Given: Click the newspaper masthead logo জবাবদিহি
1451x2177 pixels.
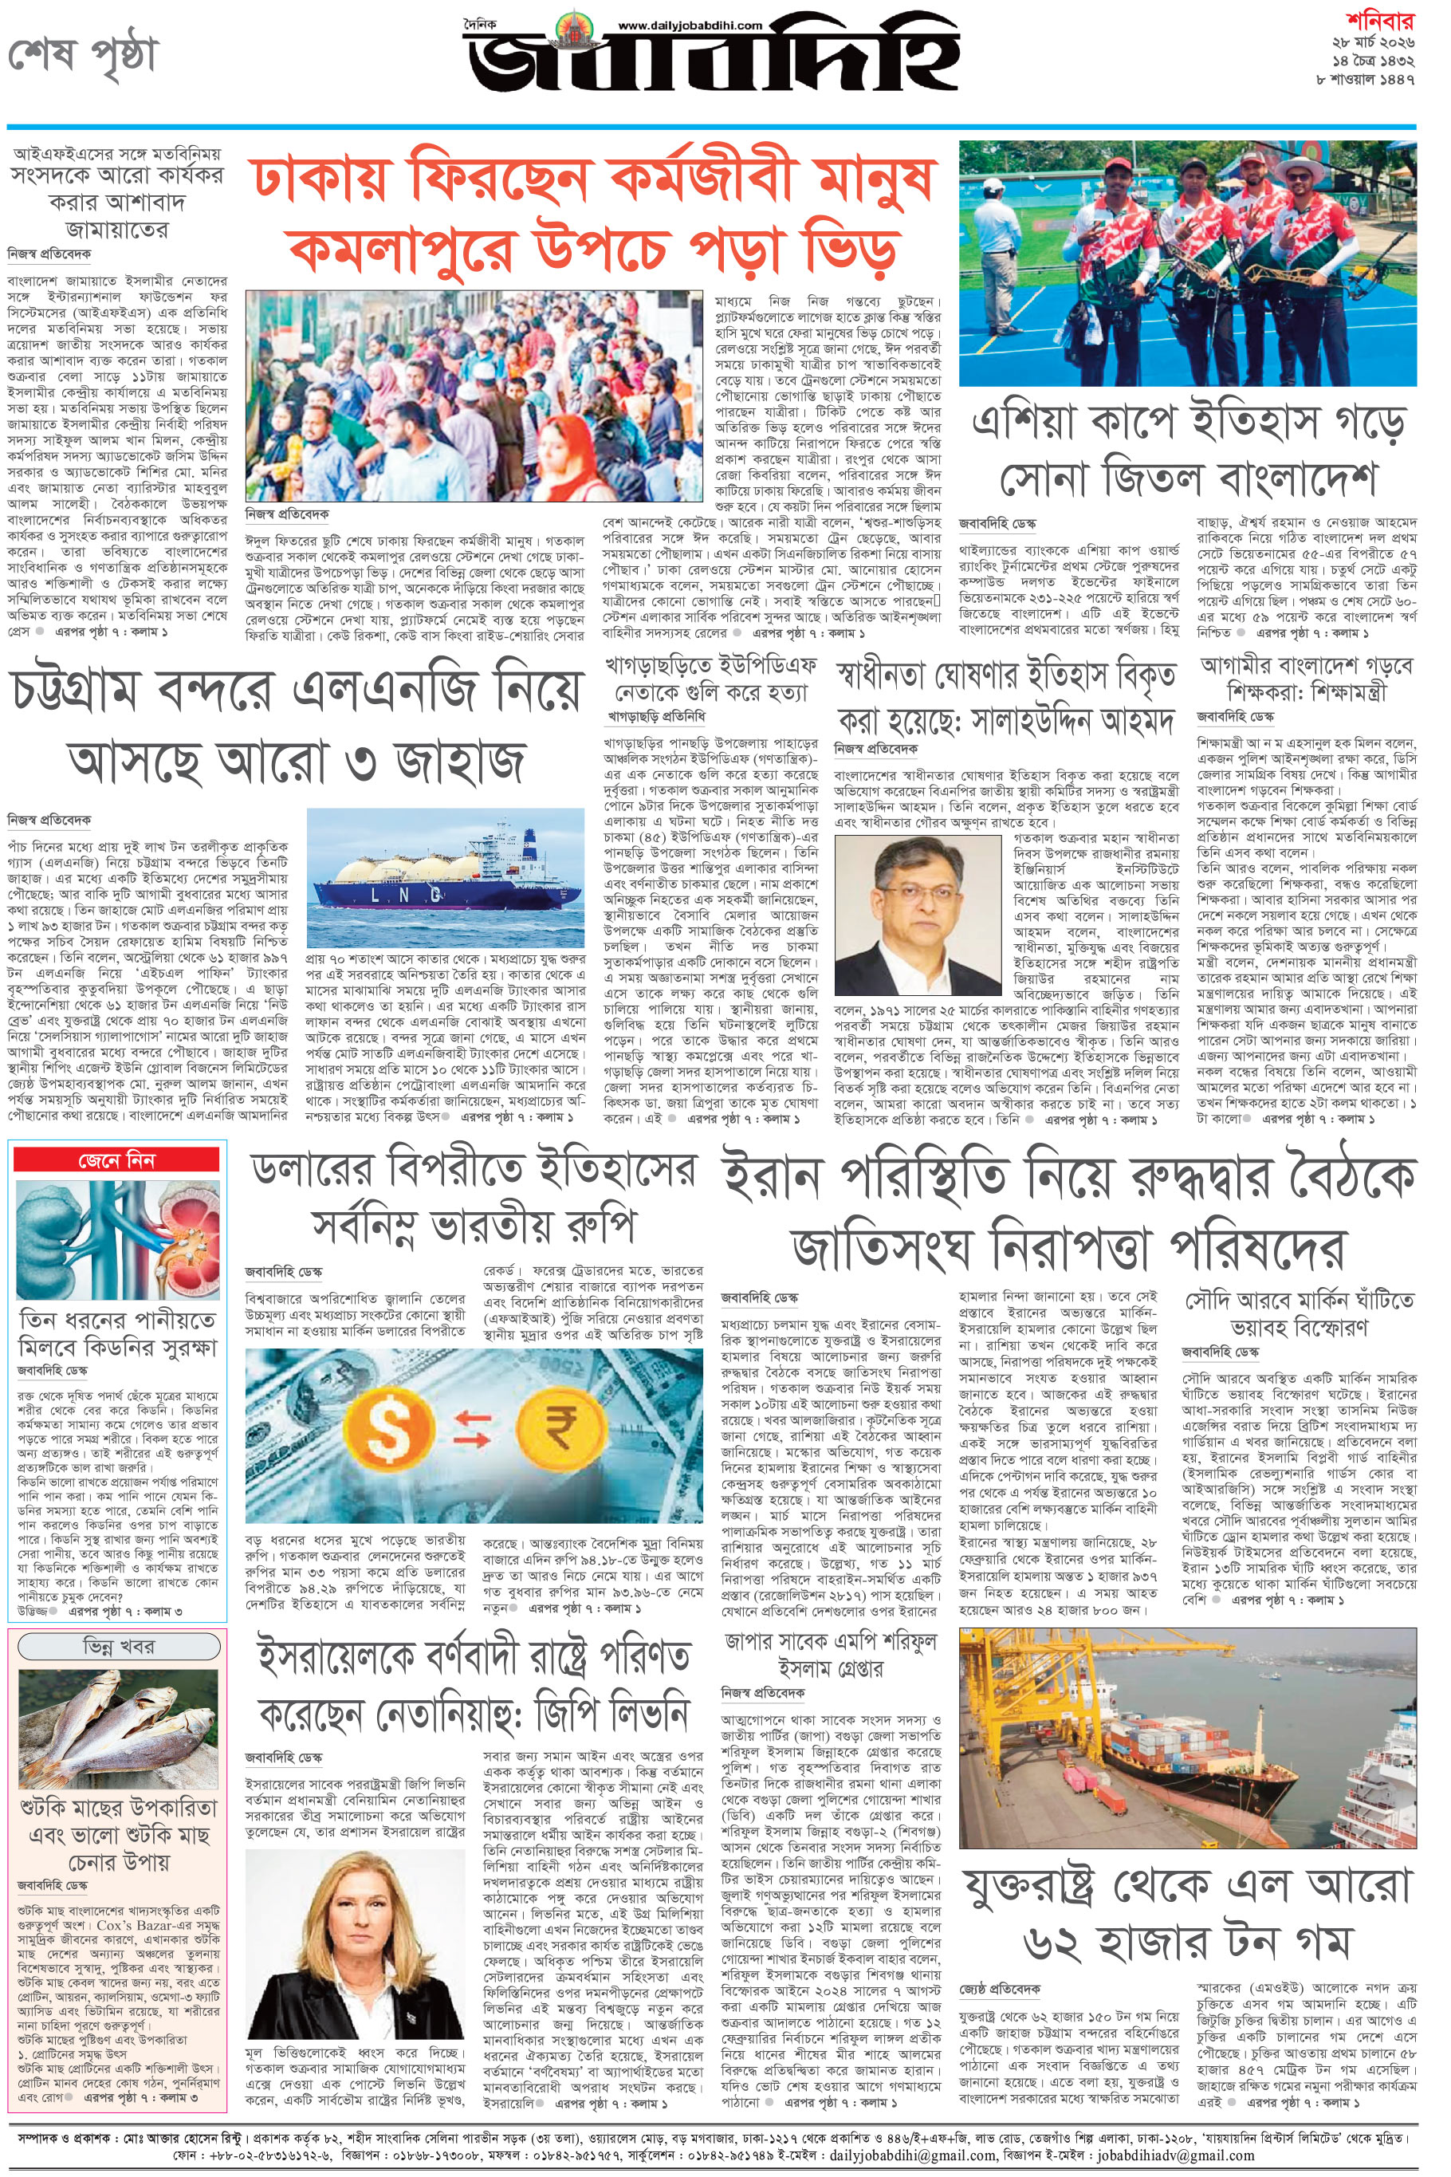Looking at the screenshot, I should (713, 67).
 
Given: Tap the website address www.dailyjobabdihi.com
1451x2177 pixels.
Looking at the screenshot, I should (690, 26).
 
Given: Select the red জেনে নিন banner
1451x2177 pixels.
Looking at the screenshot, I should (116, 1159).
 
